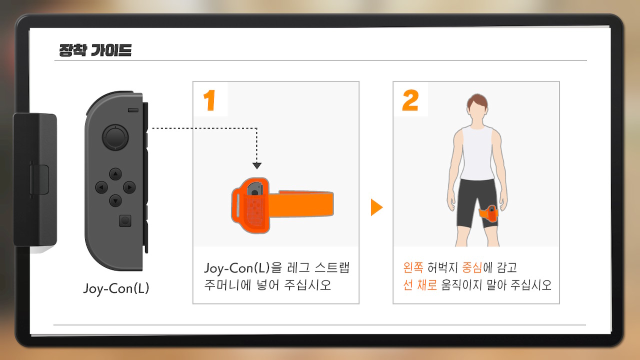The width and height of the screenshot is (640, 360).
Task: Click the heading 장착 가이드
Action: pos(95,50)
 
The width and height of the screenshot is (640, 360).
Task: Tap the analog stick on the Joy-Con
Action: pos(115,137)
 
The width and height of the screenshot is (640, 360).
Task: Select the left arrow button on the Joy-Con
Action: pos(101,187)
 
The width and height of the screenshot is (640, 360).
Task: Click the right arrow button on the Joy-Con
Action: pos(129,187)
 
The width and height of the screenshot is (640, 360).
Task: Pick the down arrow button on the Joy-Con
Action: pos(115,201)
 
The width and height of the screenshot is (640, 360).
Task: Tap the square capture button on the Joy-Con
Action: pos(125,221)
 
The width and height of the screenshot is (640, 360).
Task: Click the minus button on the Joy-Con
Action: pos(133,110)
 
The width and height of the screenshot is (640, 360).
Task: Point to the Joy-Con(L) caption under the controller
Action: pos(116,288)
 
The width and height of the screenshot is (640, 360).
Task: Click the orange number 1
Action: pos(209,100)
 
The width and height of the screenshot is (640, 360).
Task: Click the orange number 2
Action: pos(410,100)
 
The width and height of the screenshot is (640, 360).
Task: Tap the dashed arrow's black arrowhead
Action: pos(257,165)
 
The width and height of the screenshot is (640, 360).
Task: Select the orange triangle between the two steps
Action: pos(376,207)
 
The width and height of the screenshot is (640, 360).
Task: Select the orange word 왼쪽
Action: pos(413,267)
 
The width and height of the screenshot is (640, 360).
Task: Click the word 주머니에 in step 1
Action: pos(227,285)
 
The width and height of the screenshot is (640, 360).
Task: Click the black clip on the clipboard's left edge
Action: pos(35,179)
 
